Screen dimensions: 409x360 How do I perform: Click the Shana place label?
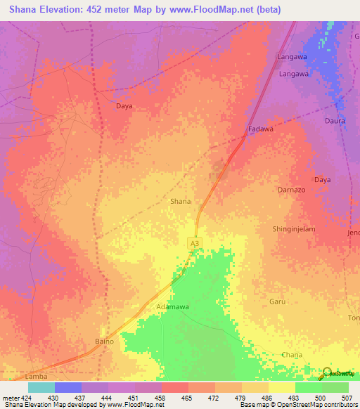181,201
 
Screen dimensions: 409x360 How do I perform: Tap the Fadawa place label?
261,129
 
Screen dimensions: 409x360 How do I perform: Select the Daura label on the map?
334,121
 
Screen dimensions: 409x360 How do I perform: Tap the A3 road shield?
193,242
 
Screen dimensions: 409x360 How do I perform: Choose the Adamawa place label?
173,307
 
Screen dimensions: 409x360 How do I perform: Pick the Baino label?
104,342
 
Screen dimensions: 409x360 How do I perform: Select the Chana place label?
290,355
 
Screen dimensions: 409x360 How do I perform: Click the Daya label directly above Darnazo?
322,180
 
